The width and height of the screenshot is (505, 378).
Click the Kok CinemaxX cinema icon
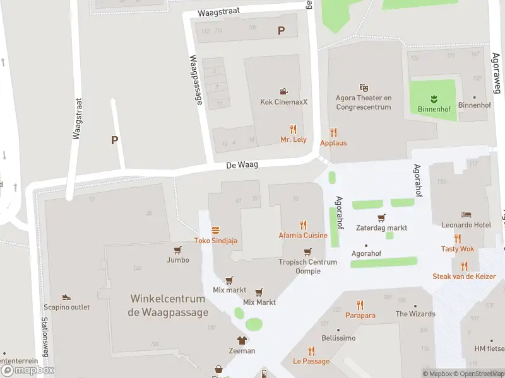click(x=284, y=91)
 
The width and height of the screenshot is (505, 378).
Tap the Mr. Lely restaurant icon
click(x=293, y=129)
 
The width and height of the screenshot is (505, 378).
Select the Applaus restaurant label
click(x=333, y=143)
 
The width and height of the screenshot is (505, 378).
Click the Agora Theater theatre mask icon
click(x=364, y=88)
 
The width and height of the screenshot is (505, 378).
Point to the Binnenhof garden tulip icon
click(x=434, y=98)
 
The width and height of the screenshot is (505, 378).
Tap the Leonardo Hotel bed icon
click(x=466, y=215)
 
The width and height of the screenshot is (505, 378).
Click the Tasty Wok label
click(x=457, y=249)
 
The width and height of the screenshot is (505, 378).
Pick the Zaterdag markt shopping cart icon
click(x=381, y=218)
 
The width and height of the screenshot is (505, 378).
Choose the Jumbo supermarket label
click(x=178, y=260)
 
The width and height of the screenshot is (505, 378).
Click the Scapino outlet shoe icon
click(x=66, y=297)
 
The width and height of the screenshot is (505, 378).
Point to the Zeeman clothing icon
click(x=241, y=340)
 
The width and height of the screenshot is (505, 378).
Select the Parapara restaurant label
click(x=360, y=315)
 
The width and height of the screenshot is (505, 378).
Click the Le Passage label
click(x=311, y=361)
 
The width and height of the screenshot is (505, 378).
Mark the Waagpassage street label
click(x=195, y=80)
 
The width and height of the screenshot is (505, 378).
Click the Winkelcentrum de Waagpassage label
click(x=167, y=305)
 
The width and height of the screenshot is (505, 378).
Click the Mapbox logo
click(x=28, y=370)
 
